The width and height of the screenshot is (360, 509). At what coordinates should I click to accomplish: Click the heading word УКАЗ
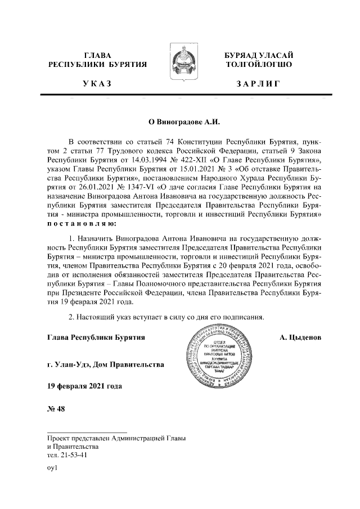click(x=97, y=84)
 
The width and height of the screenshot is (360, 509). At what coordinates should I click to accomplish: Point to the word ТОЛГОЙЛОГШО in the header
click(x=258, y=65)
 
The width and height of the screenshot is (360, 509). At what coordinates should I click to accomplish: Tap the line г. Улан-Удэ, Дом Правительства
click(x=106, y=364)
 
